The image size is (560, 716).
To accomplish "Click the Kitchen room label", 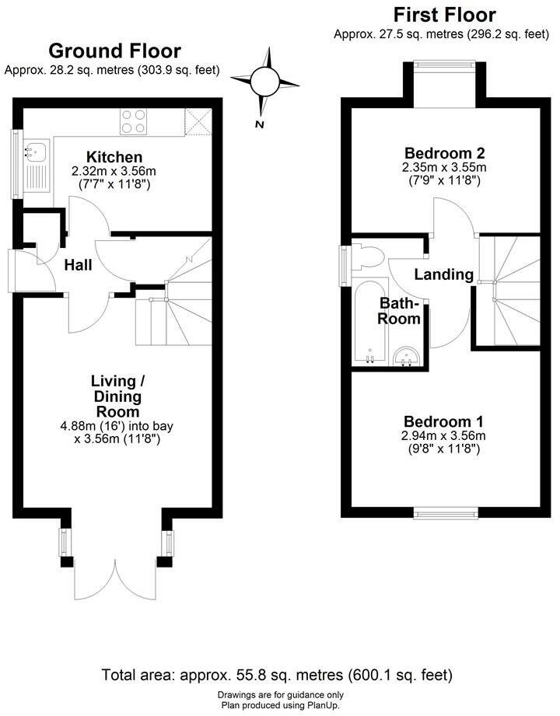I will pyautogui.click(x=114, y=157).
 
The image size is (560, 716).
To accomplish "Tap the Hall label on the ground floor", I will pyautogui.click(x=78, y=265).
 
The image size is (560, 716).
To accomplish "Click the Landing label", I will pyautogui.click(x=443, y=274).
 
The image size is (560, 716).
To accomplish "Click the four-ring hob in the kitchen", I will pyautogui.click(x=135, y=121).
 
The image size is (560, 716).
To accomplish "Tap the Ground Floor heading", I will pyautogui.click(x=114, y=51).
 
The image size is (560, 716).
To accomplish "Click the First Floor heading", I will pyautogui.click(x=444, y=15).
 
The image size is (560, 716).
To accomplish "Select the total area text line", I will pyautogui.click(x=277, y=674).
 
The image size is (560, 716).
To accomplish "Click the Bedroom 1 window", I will pyautogui.click(x=446, y=512).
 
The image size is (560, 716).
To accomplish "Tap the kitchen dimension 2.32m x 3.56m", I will pyautogui.click(x=114, y=171).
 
